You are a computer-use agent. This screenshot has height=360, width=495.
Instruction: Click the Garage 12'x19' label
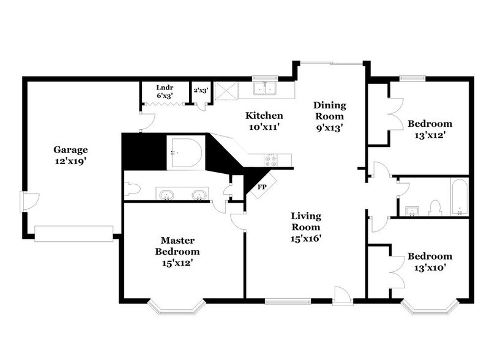click(70, 154)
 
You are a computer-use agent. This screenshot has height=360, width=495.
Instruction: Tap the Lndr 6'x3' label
click(164, 91)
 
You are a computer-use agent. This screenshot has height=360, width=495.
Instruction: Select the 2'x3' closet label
click(200, 90)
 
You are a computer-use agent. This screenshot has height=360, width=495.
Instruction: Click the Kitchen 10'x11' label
click(264, 121)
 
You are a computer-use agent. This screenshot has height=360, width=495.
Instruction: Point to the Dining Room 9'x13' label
click(329, 116)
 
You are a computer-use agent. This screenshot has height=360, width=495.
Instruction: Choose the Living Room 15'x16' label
click(306, 227)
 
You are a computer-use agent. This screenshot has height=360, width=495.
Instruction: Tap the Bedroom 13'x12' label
click(430, 129)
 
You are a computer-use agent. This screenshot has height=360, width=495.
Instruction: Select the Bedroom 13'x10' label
click(430, 261)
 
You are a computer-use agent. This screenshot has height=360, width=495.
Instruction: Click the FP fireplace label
click(261, 186)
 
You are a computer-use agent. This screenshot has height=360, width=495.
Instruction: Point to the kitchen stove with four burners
click(270, 160)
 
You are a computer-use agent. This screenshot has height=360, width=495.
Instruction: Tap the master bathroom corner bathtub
click(185, 152)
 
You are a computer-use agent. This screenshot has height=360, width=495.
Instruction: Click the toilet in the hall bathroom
click(436, 208)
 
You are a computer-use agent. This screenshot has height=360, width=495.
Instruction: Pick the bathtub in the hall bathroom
click(460, 197)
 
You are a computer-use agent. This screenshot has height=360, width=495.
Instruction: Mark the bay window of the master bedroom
click(177, 308)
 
